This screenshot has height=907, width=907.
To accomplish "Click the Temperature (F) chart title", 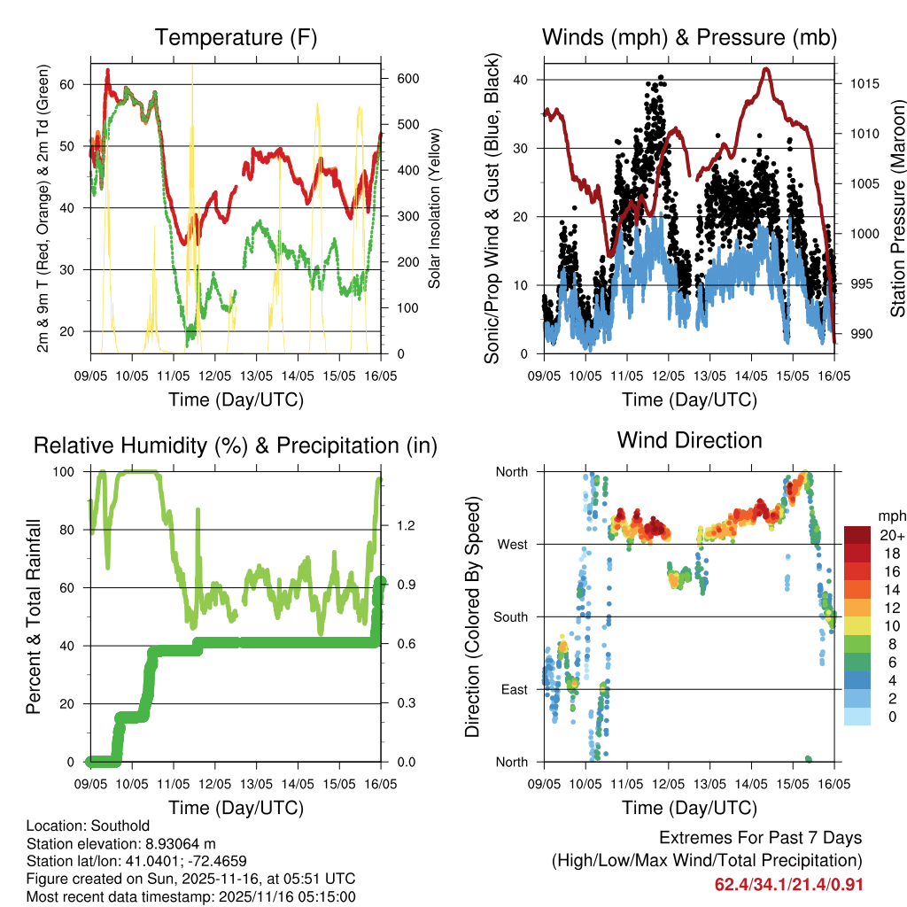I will tap(236, 37).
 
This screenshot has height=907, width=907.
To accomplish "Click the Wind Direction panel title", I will tap(689, 439).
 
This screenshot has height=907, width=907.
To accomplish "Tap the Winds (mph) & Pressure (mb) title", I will tap(689, 37).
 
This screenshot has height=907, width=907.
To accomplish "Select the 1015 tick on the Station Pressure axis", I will tap(864, 84).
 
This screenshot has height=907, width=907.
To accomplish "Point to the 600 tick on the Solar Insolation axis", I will tap(407, 78).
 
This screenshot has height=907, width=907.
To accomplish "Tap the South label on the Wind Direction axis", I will tap(511, 616).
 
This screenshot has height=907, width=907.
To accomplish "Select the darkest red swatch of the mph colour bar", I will tap(857, 535).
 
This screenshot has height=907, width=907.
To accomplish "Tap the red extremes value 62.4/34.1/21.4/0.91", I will tap(788, 885).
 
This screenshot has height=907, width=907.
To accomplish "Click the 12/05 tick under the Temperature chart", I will tap(215, 376).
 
